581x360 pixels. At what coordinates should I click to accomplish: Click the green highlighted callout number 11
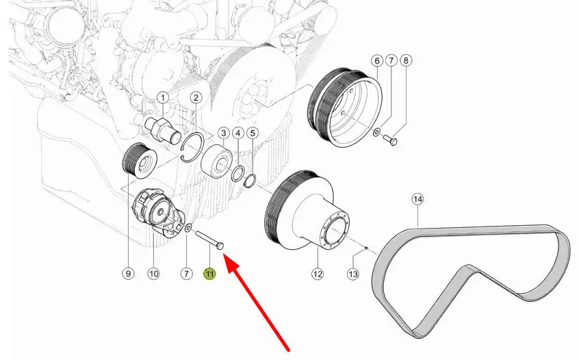tap(209, 274)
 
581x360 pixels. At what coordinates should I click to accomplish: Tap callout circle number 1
tap(163, 98)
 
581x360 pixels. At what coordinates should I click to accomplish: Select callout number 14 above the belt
tap(417, 199)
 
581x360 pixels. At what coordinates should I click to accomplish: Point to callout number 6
tap(377, 60)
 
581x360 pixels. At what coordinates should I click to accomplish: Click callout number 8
tap(406, 60)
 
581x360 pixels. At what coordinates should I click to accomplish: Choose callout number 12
tap(318, 274)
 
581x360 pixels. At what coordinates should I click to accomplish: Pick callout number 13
tap(352, 274)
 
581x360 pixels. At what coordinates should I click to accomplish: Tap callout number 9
tap(128, 274)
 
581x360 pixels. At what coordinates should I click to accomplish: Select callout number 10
tap(153, 274)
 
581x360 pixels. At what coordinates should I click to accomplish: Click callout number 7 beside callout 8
tap(391, 60)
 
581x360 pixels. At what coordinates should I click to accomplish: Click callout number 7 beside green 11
tap(186, 274)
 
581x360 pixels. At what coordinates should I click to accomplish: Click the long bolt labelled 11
tap(209, 241)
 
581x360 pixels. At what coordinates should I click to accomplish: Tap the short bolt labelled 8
tap(389, 140)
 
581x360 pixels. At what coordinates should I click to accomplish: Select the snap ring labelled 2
tap(192, 147)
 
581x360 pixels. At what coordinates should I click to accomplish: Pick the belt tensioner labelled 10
tap(159, 213)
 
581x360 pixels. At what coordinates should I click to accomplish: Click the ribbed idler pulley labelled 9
tap(140, 161)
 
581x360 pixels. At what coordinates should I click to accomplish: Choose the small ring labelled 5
tap(250, 181)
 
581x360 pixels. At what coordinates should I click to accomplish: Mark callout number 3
tap(223, 133)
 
